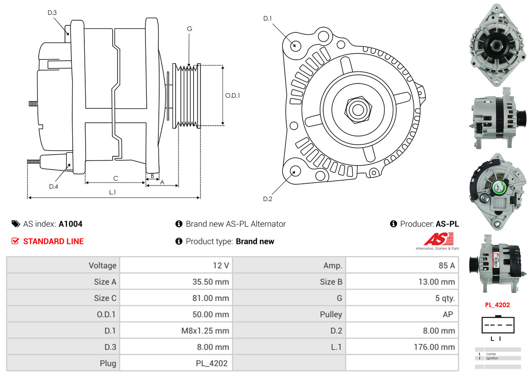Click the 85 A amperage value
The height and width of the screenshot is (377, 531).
[446, 266]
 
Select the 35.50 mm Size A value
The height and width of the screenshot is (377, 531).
[210, 282]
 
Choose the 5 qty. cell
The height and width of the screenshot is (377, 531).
[445, 298]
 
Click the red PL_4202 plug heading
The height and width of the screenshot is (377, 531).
[497, 305]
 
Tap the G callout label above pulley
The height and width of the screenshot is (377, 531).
[189, 29]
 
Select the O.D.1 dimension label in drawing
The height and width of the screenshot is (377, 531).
[232, 96]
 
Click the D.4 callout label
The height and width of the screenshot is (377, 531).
[53, 186]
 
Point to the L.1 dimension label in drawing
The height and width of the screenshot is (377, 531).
[112, 192]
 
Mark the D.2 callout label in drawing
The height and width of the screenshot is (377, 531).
[268, 199]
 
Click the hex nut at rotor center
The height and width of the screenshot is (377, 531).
[357, 109]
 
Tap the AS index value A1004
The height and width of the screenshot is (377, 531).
[71, 224]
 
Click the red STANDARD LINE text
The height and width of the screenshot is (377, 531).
[53, 241]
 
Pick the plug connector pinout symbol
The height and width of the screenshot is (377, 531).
[497, 325]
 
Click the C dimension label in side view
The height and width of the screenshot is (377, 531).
[115, 178]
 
